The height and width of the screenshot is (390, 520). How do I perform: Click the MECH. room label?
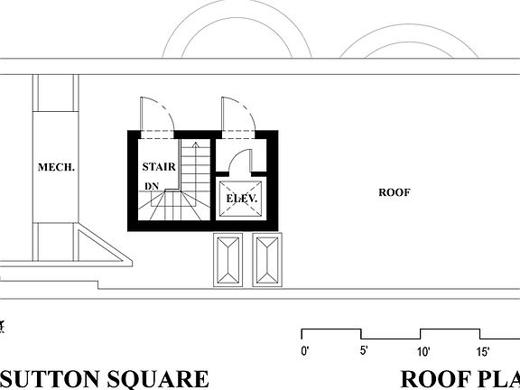(x=56, y=167)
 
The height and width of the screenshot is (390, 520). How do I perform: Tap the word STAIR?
(x=158, y=166)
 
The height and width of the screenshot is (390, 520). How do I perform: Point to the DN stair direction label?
(x=151, y=187)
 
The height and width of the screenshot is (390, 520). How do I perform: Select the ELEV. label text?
(x=242, y=198)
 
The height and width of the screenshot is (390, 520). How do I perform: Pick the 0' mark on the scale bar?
(x=305, y=351)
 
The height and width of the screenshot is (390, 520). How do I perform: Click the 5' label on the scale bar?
(x=363, y=351)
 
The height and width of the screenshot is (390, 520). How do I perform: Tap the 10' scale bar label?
(x=423, y=351)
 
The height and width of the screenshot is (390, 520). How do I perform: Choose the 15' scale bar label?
(x=483, y=351)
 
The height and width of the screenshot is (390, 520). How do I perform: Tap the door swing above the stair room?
(x=153, y=116)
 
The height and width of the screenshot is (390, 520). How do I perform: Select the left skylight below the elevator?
(x=227, y=260)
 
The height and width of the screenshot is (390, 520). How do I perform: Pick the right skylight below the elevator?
(x=267, y=260)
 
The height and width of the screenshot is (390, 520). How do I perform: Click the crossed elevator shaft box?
(x=241, y=199)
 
